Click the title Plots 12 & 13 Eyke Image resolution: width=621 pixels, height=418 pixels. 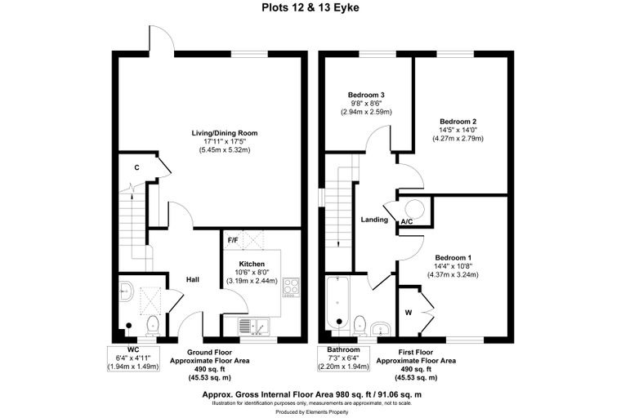click(310, 8)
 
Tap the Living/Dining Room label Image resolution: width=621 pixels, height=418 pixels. click(225, 133)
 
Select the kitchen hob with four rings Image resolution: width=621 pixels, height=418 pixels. click(291, 287)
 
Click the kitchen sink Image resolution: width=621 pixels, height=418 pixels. click(253, 326)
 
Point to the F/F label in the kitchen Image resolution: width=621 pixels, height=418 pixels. click(233, 240)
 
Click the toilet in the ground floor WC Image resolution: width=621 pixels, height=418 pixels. click(153, 325)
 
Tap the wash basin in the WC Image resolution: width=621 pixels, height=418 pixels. click(127, 291)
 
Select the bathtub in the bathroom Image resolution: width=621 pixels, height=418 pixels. click(337, 303)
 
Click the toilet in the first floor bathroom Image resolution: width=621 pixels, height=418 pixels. click(360, 324)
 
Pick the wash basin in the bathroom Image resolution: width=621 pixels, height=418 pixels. click(381, 328)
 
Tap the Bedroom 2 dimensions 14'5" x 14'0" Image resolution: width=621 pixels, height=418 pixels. click(458, 130)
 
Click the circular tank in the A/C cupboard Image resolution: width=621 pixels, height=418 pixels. click(414, 209)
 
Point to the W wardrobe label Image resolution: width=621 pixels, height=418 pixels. click(409, 313)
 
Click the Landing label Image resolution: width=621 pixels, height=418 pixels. click(374, 220)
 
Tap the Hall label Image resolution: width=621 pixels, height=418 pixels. click(193, 279)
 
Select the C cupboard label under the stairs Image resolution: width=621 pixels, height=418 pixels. click(136, 168)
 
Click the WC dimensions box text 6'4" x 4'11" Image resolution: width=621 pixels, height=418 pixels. click(133, 358)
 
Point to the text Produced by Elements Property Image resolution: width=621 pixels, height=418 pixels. click(312, 412)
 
